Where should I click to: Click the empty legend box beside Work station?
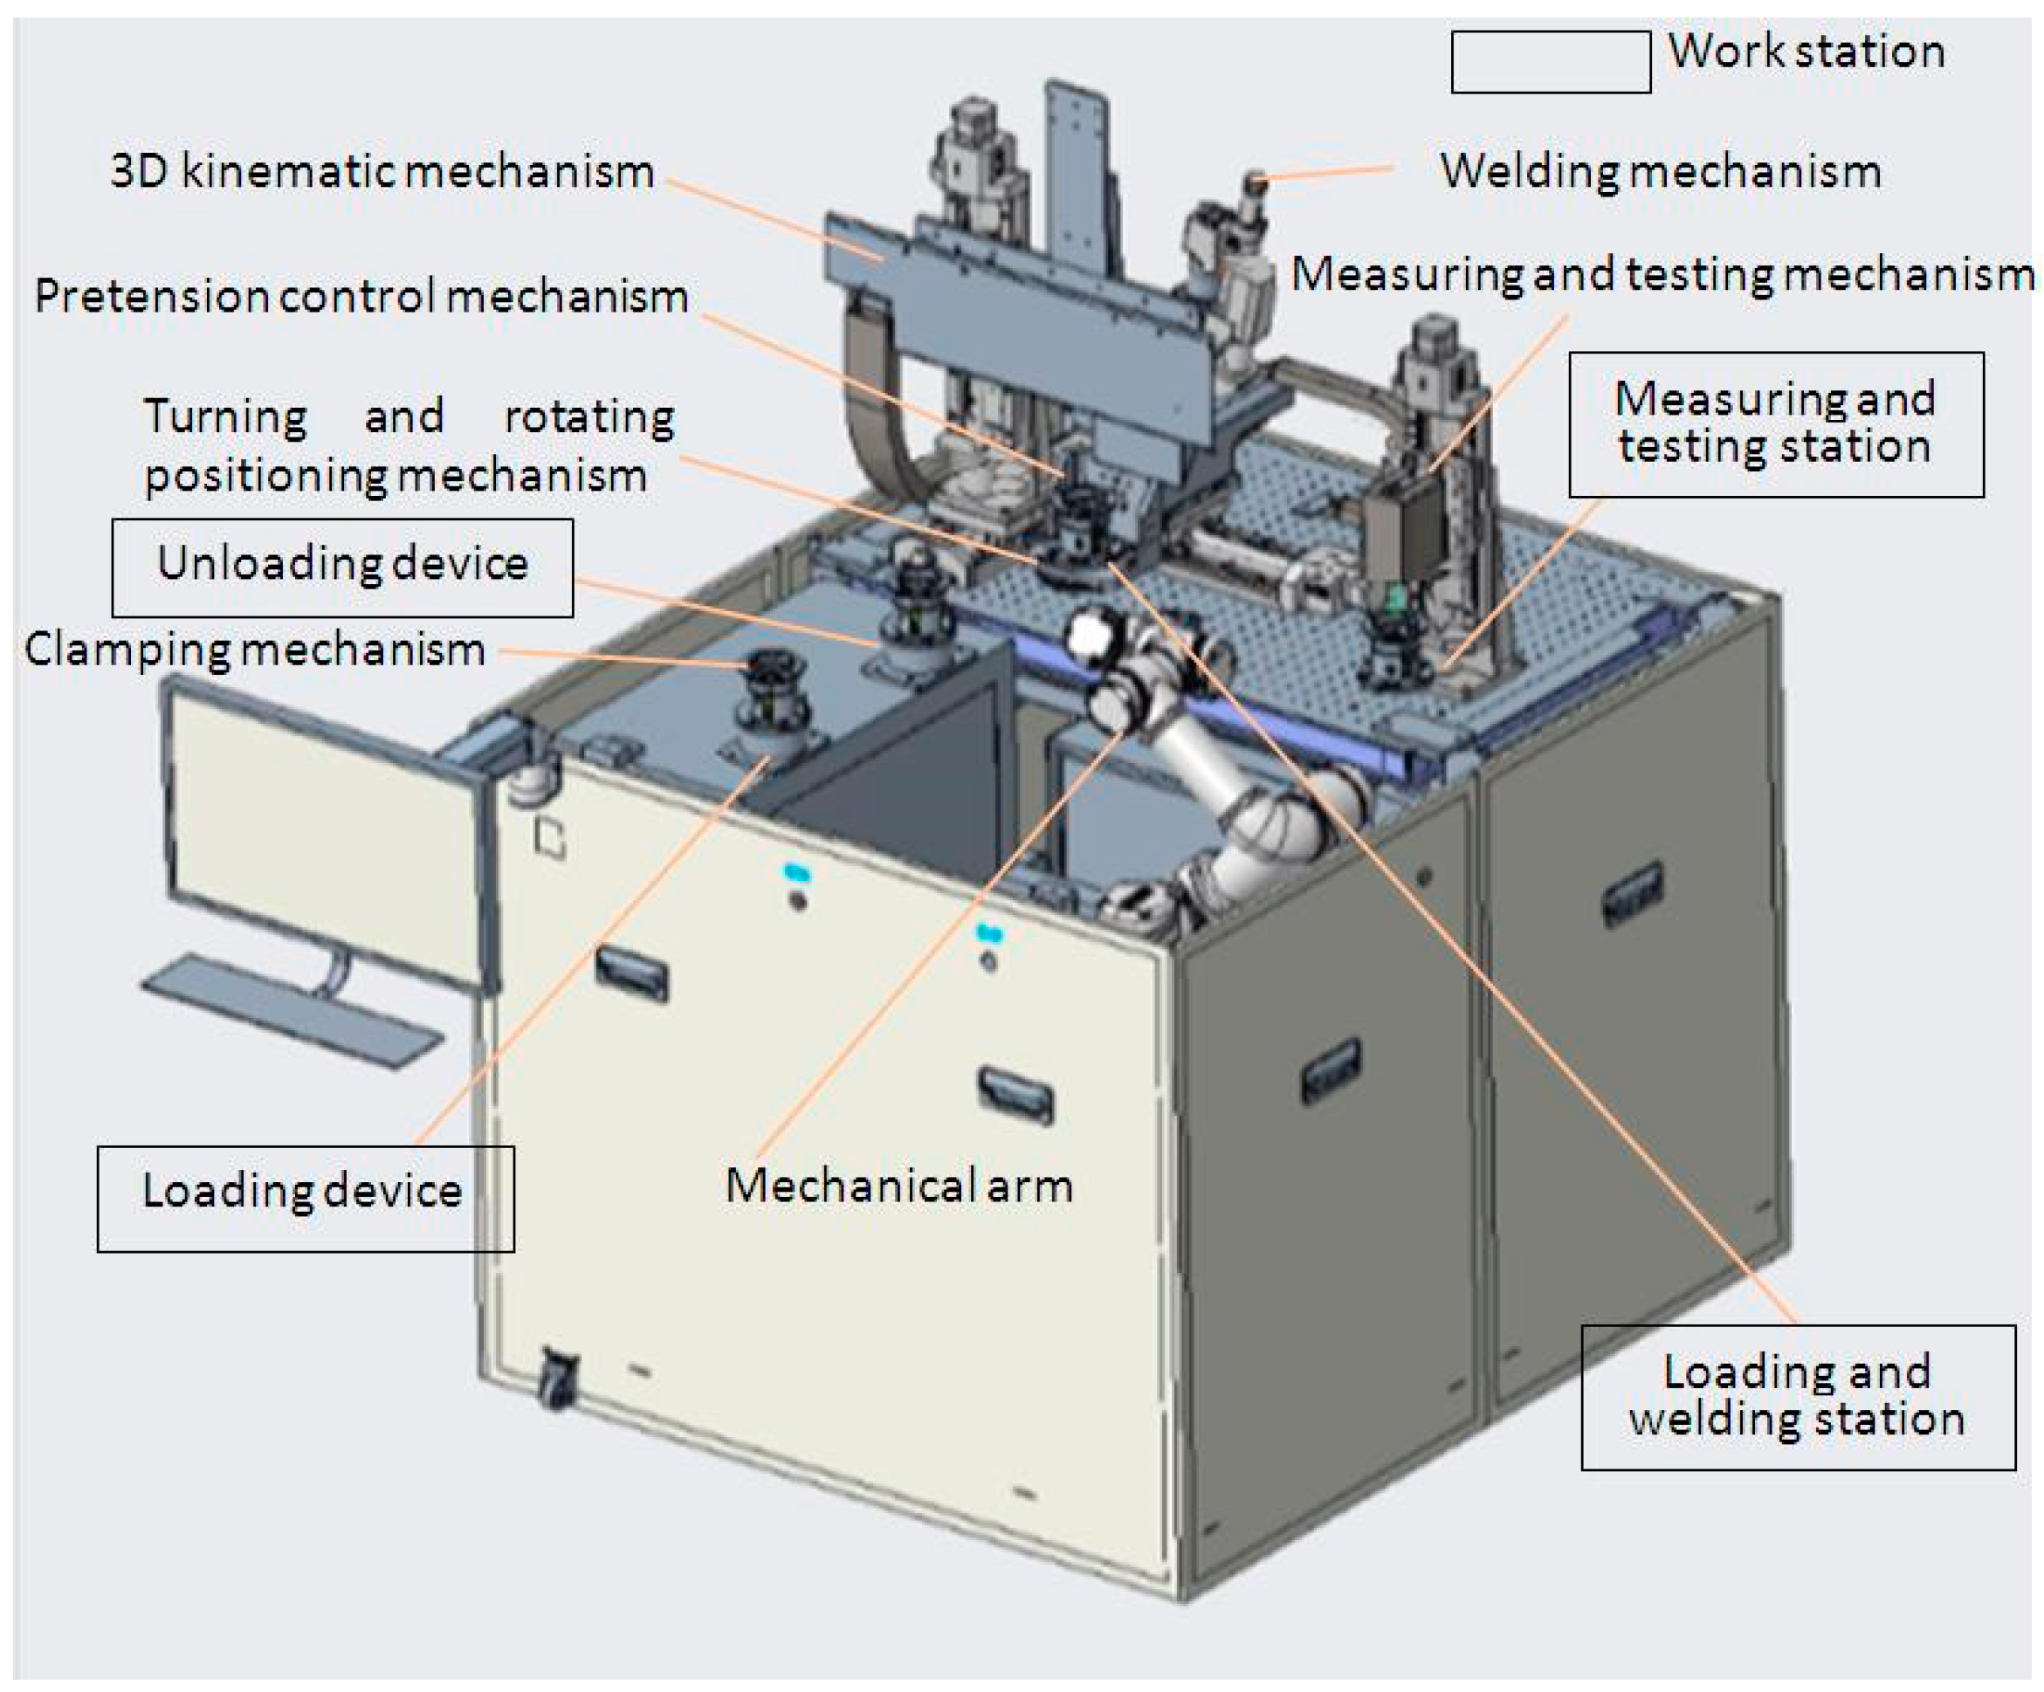tap(1551, 62)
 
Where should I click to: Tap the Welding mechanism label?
tap(1661, 171)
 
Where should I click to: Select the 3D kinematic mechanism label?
tap(382, 171)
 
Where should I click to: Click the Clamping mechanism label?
tap(255, 650)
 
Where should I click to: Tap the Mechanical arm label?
tap(898, 1186)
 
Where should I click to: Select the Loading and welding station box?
tap(1797, 1396)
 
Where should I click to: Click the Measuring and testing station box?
tap(1775, 423)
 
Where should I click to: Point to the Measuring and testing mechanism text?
tap(1662, 274)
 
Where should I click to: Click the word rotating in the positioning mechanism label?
tap(588, 416)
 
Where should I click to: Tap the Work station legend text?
tap(1807, 51)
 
